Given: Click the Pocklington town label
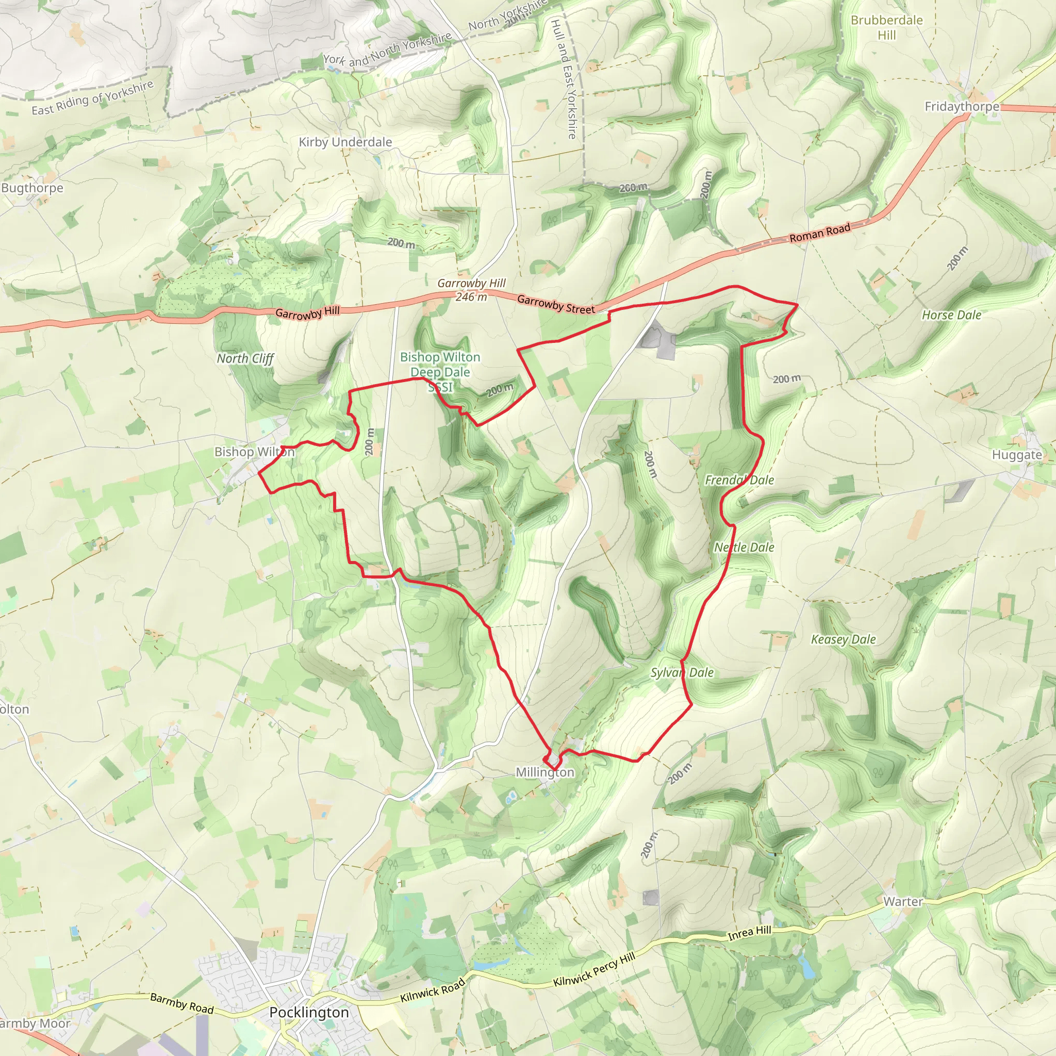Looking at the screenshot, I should pos(309,1012).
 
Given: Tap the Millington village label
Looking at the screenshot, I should pos(545,772).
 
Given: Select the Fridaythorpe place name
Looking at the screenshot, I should pos(962,106).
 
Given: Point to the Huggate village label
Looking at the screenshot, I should pos(1017,455).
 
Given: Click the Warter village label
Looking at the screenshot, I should pos(903,901).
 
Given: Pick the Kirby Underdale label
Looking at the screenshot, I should pos(345,142).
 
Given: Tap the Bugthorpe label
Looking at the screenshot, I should pos(32,188).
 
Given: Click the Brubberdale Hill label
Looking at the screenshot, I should pos(886,27).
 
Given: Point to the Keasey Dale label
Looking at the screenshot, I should pos(843,639).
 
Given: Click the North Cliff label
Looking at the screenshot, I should pos(245,358).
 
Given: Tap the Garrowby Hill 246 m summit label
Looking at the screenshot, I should pos(471,290).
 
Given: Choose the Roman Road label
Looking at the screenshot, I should pos(820,233).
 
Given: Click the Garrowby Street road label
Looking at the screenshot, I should pos(555,304).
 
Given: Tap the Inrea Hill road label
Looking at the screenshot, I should pos(749,933).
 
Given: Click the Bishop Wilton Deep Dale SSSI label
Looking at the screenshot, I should pos(440,372).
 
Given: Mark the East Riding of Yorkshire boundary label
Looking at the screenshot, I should pos(92,99).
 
